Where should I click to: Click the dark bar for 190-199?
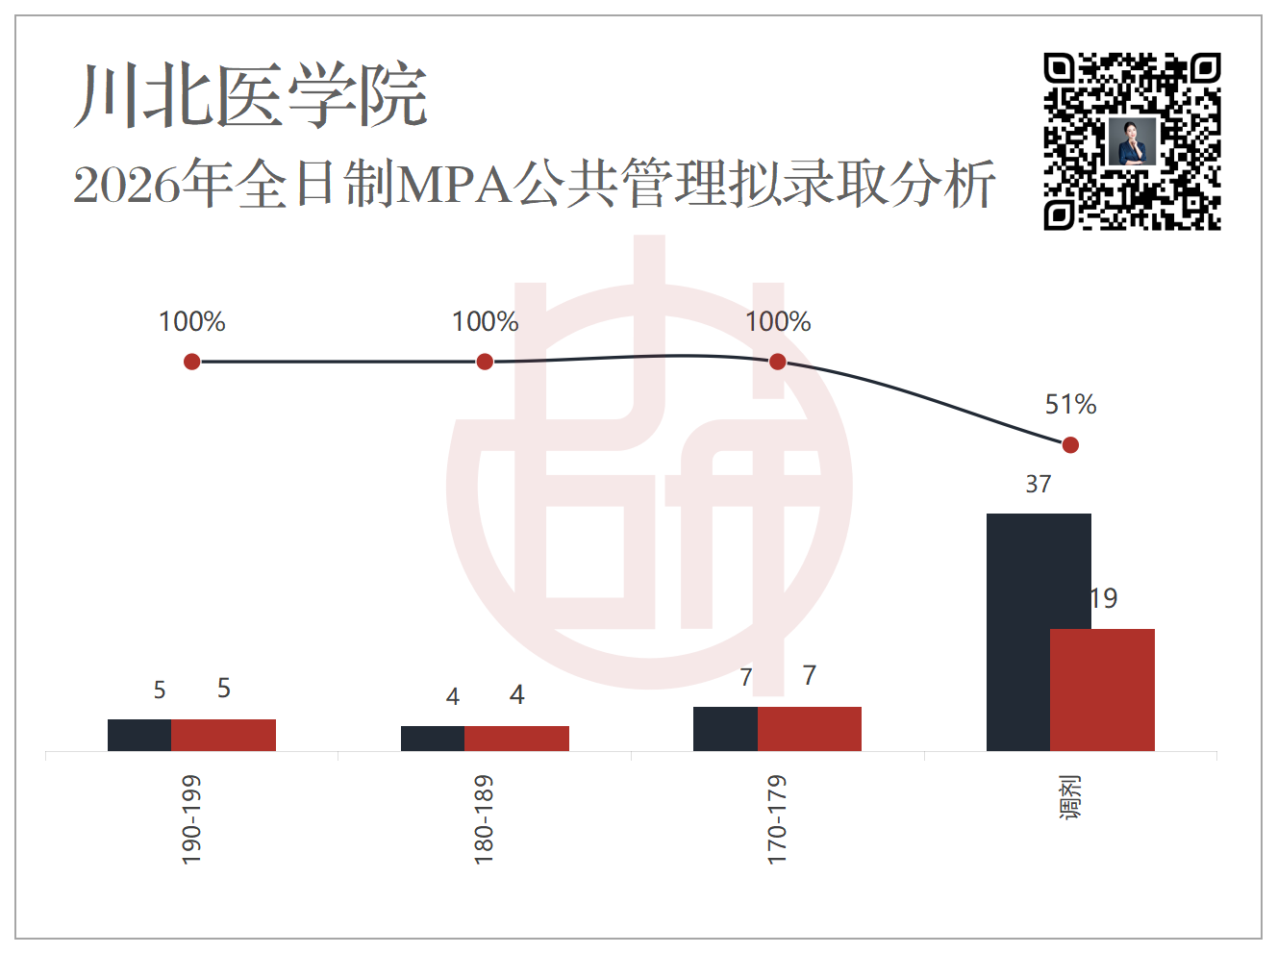tap(139, 736)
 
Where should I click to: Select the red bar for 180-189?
tap(516, 739)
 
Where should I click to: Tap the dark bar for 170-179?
tap(725, 729)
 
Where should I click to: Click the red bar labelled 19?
tap(1102, 690)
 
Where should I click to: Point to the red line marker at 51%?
tap(1070, 445)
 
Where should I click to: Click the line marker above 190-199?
tap(192, 362)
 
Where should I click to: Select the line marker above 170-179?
tap(778, 362)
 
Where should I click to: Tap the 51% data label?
tap(1070, 404)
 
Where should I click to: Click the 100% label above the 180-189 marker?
tap(486, 321)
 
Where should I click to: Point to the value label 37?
tap(1039, 484)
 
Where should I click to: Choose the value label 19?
tap(1104, 598)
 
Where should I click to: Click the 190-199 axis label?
tap(191, 819)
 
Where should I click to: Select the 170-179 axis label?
tap(777, 819)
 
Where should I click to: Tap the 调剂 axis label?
tap(1070, 797)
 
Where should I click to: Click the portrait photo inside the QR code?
tap(1132, 142)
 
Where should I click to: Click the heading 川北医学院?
tap(251, 95)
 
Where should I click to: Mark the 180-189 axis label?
tap(484, 819)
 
